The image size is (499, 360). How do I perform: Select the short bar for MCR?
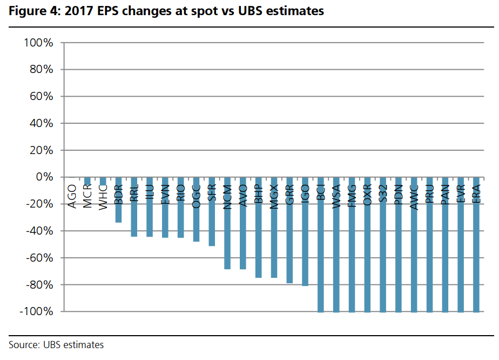(x=87, y=181)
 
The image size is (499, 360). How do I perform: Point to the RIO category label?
(x=181, y=194)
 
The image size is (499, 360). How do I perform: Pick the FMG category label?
(x=352, y=195)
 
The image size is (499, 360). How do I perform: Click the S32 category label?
(x=383, y=194)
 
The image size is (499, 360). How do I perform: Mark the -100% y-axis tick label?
(x=35, y=312)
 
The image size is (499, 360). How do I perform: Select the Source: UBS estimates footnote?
(x=56, y=345)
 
